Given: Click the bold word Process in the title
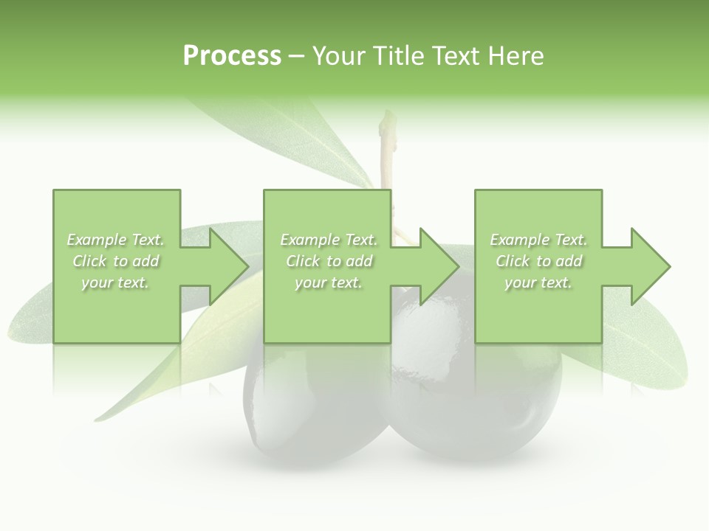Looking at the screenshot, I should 232,56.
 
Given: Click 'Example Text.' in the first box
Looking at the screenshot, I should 116,240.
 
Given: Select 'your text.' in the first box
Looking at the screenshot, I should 116,282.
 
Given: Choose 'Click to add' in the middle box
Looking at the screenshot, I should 329,261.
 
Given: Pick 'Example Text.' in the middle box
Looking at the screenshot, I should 329,240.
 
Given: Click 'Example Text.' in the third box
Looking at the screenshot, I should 538,240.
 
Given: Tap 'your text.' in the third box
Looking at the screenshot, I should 538,282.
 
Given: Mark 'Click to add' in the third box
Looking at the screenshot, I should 538,261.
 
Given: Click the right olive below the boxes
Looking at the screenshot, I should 480,398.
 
